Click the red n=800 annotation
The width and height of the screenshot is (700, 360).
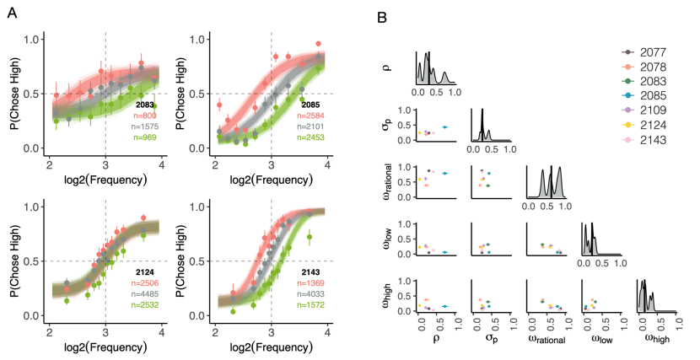pos(145,114)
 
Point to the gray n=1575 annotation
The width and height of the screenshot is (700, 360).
pos(143,124)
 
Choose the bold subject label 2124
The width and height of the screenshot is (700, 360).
pos(148,273)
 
